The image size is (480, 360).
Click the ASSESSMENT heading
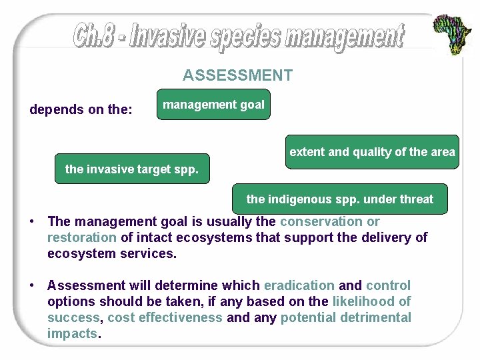tap(237, 75)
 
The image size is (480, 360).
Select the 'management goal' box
tap(213, 105)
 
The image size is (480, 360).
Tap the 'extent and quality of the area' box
tap(372, 152)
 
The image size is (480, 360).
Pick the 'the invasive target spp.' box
tap(131, 169)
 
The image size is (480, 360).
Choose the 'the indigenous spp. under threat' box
tap(339, 199)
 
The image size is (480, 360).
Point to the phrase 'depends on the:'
tap(81, 109)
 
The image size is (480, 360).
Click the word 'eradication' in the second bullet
tap(299, 285)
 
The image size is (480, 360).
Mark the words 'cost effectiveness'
tap(165, 317)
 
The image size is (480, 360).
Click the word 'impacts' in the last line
tap(72, 333)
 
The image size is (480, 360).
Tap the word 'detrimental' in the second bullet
tap(375, 317)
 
